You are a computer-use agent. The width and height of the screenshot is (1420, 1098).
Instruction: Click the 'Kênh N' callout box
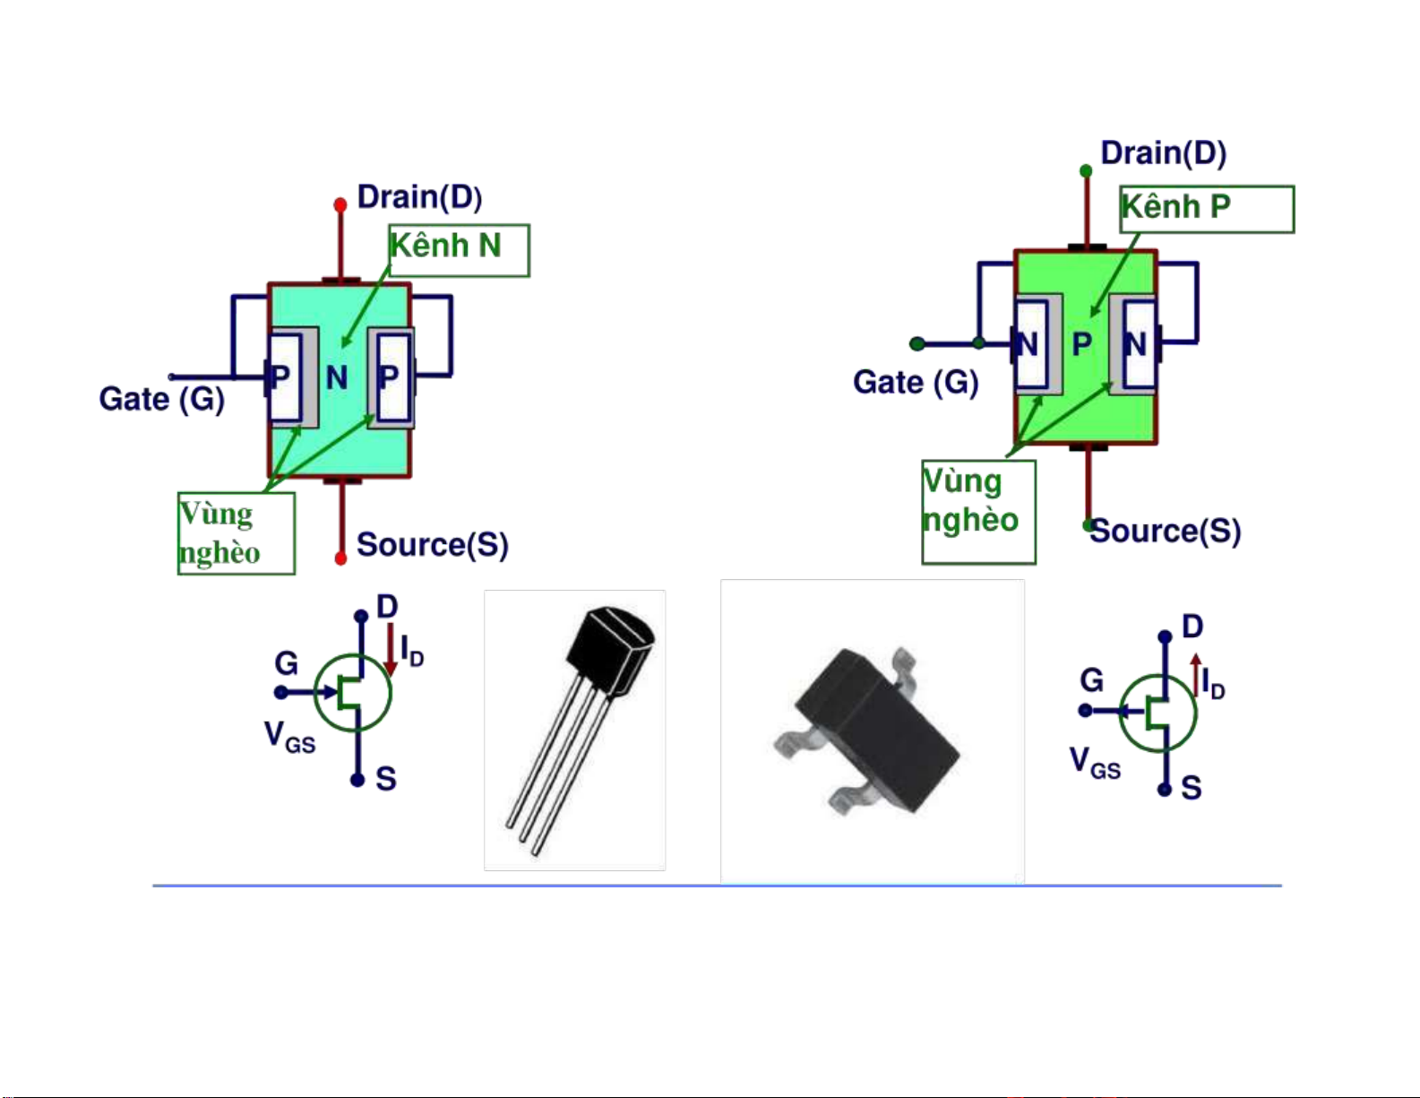(x=459, y=250)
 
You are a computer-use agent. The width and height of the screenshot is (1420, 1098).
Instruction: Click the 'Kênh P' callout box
(x=1207, y=209)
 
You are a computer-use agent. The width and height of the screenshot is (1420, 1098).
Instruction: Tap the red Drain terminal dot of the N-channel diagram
(x=340, y=205)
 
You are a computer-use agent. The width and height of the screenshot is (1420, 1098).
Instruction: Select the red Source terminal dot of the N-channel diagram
(x=340, y=558)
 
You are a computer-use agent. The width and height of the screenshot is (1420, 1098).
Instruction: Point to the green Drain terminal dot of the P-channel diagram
(x=1086, y=170)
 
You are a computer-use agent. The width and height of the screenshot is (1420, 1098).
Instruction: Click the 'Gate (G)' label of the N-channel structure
(x=161, y=399)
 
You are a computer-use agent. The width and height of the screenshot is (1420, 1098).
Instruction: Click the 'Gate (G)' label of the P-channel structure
(x=916, y=383)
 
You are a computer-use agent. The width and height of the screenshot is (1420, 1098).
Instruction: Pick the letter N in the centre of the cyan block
(x=337, y=378)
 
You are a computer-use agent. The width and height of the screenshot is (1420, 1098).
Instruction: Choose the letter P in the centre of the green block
(x=1082, y=343)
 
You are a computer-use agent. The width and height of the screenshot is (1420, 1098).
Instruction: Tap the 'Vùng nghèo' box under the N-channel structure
(x=237, y=533)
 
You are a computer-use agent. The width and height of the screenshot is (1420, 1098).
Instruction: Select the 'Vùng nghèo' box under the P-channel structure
(x=978, y=512)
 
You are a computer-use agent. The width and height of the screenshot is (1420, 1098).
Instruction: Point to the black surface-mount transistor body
(x=874, y=726)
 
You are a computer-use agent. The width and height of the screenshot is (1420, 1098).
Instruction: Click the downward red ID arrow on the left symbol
(x=391, y=650)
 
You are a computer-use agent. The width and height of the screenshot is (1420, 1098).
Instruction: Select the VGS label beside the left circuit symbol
(x=289, y=738)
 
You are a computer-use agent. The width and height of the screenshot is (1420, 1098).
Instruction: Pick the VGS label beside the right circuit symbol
(x=1095, y=764)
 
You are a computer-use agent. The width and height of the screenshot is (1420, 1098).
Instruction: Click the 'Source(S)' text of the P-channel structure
(x=1166, y=532)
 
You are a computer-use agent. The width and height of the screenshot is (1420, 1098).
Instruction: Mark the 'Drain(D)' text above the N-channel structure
(x=419, y=197)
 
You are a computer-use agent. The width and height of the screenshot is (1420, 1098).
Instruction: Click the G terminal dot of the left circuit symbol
(x=281, y=692)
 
